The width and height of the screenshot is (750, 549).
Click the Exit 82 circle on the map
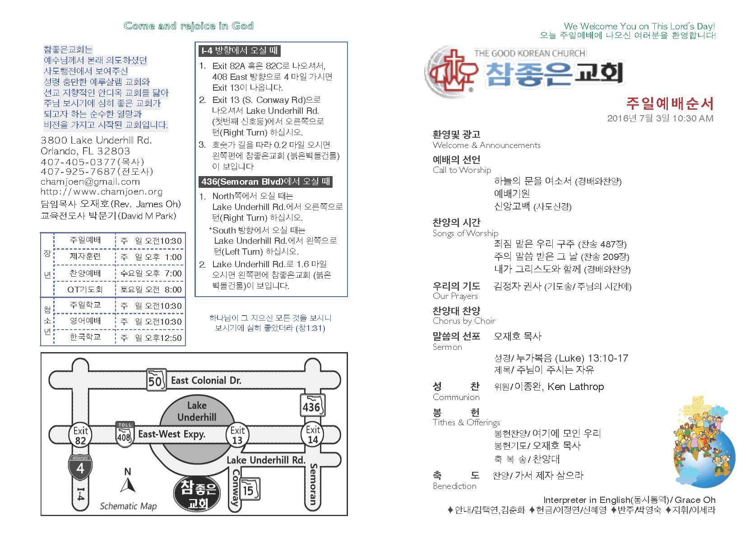click(x=80, y=435)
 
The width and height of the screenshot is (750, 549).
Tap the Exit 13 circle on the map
click(x=237, y=435)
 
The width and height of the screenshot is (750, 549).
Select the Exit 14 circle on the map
click(x=313, y=434)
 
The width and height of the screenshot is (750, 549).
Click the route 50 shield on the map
click(x=155, y=381)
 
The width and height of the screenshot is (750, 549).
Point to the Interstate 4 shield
click(x=80, y=467)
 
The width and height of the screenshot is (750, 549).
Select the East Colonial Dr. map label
click(x=206, y=381)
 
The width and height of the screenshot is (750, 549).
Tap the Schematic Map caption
click(x=128, y=506)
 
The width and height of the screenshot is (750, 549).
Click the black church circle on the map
click(x=197, y=494)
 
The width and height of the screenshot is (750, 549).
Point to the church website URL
click(x=102, y=192)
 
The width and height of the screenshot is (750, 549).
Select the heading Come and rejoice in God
click(x=189, y=26)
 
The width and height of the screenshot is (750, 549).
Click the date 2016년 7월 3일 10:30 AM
click(x=660, y=119)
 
